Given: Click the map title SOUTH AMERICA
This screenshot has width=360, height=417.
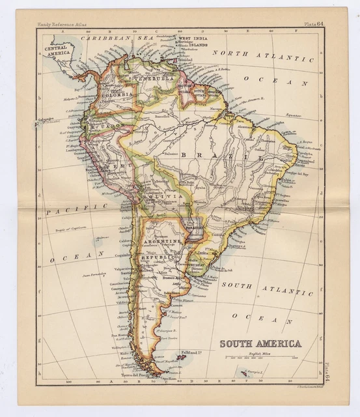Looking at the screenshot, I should point(259,344).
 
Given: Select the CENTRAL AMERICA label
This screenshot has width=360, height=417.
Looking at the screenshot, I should point(58,51).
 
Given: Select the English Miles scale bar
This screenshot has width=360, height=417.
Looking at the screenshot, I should point(258,358).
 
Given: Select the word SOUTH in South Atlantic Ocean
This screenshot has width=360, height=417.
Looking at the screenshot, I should point(235,285).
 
